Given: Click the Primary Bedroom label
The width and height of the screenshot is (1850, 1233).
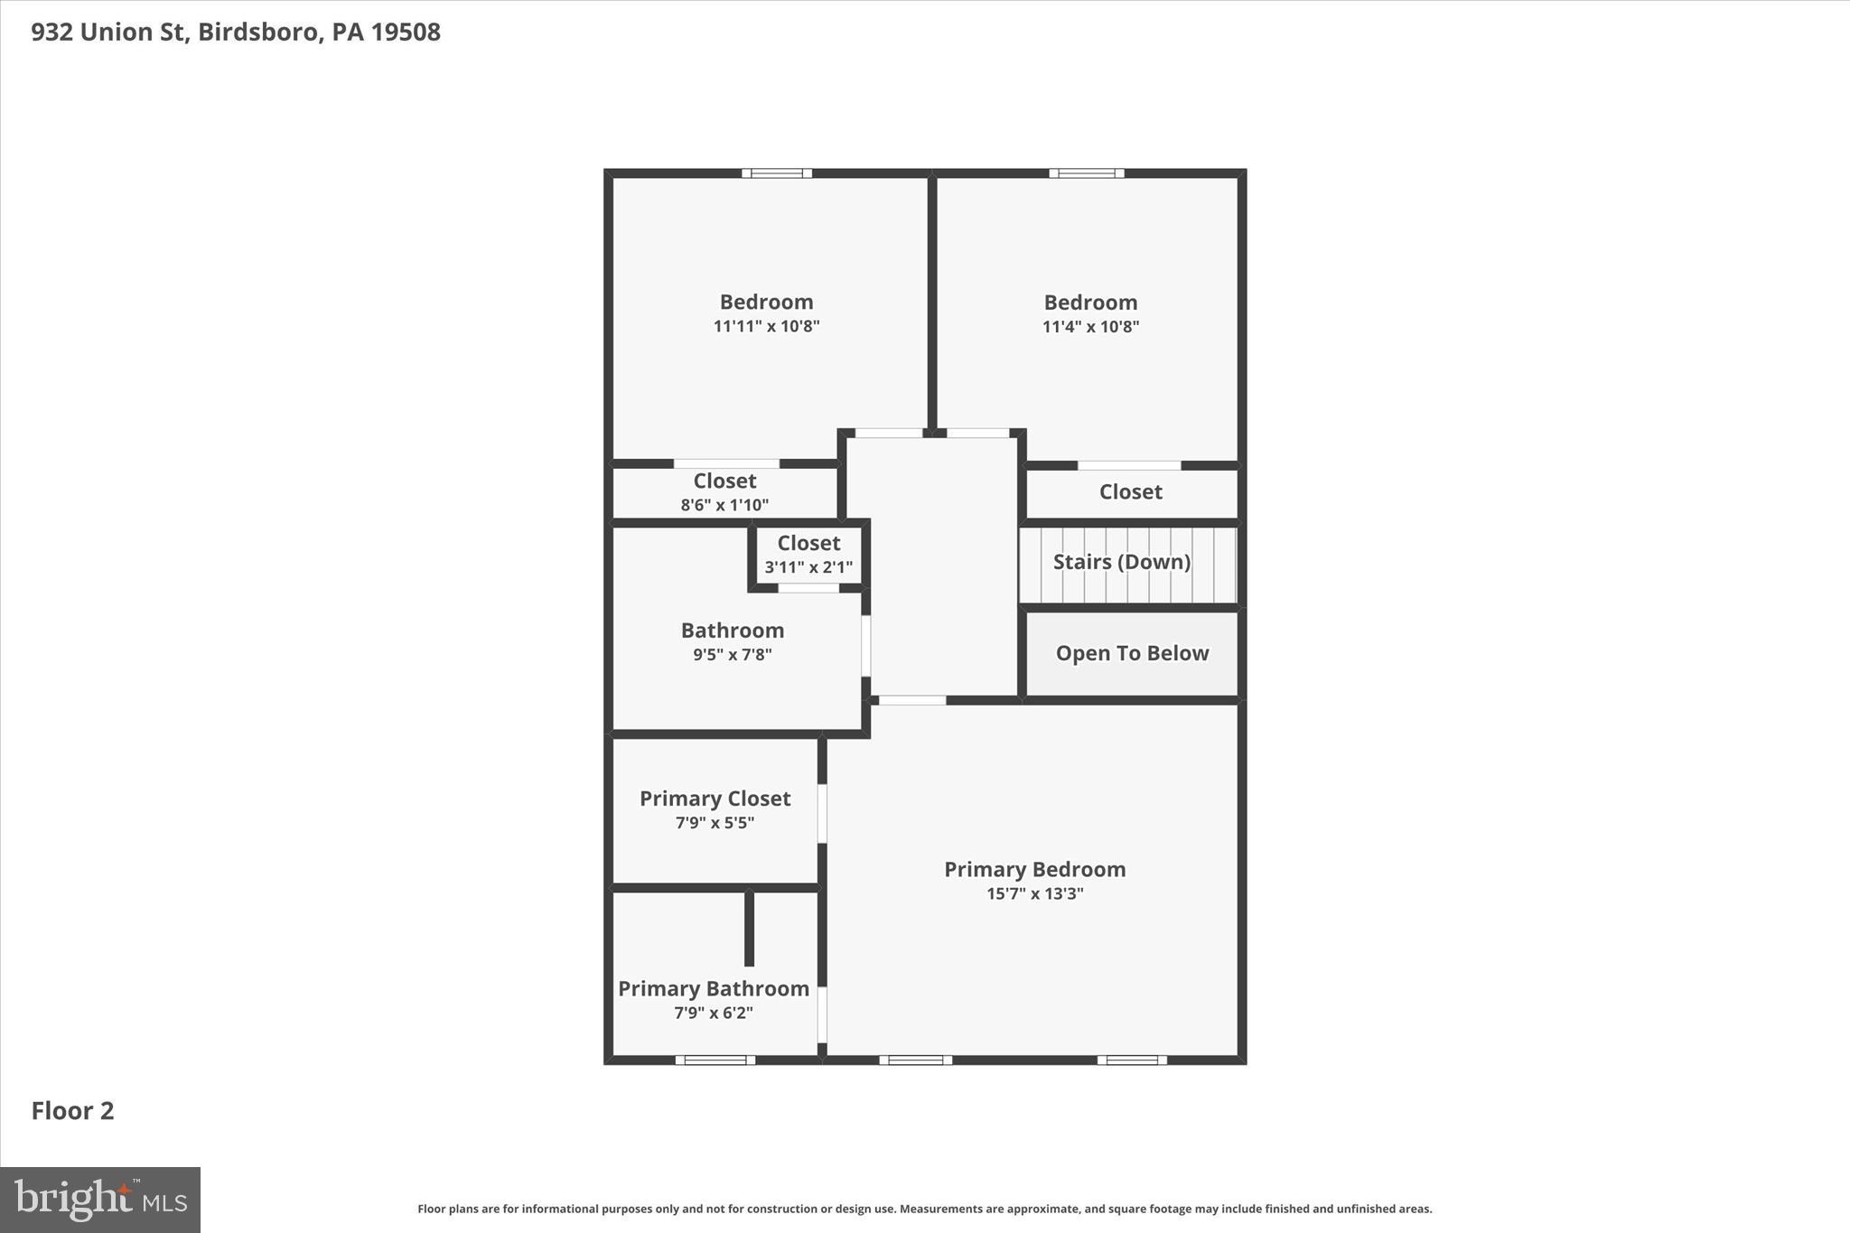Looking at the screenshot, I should click(x=1034, y=869).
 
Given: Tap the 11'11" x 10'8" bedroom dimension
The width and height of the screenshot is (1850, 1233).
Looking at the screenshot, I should click(x=766, y=326).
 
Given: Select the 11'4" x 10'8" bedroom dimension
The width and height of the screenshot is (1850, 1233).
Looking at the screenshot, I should click(x=1090, y=327).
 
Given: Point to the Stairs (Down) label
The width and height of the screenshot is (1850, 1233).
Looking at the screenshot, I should click(x=1121, y=562).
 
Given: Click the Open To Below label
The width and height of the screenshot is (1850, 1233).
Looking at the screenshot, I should click(x=1132, y=653).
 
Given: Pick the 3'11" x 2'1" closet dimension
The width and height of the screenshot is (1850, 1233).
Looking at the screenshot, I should click(x=808, y=567).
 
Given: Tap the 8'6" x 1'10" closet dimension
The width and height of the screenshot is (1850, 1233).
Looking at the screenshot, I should click(x=724, y=505).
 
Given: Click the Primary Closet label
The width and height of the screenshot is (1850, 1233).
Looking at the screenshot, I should click(x=715, y=799).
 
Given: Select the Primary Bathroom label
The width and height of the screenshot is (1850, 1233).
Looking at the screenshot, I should click(x=713, y=988).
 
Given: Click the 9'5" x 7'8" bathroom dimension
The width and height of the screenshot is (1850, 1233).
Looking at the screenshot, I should click(x=732, y=655).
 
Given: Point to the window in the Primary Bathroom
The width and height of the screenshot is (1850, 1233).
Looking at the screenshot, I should click(x=715, y=1060).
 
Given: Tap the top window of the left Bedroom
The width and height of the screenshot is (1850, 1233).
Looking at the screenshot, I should click(x=776, y=173).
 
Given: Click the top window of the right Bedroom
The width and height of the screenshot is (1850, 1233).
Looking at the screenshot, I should click(x=1086, y=173).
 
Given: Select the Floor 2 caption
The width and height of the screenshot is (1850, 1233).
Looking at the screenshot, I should click(x=72, y=1111).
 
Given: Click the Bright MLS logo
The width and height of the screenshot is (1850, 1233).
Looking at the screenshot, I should click(x=100, y=1200).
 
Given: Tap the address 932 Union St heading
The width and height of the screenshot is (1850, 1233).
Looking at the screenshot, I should click(x=235, y=33).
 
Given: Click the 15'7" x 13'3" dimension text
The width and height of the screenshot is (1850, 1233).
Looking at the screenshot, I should click(x=1034, y=894).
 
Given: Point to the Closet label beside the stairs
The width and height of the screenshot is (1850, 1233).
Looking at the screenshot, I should click(x=1130, y=492).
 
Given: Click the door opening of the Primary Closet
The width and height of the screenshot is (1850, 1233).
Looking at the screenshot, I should click(x=822, y=813).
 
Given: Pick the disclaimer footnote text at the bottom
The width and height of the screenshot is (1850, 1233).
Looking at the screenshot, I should click(x=924, y=1209).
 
